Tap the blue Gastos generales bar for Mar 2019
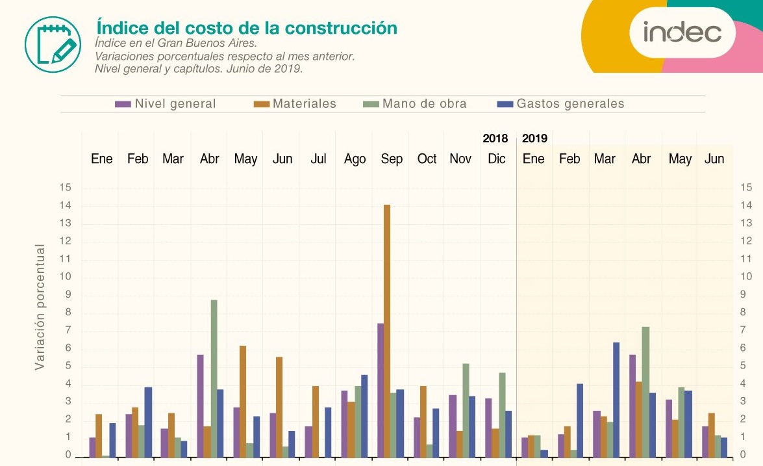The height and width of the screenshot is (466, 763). point(616,399)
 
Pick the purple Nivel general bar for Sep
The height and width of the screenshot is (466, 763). point(381,390)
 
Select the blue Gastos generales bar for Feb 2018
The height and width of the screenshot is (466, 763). point(148,422)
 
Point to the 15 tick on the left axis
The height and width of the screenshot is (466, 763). point(66,188)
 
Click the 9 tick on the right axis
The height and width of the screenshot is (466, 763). point(746,294)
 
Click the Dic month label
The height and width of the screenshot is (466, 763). point(496,159)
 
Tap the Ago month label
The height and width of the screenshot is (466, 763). point(355,159)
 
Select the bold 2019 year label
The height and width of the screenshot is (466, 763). point(534,138)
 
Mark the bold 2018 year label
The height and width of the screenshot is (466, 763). point(495,138)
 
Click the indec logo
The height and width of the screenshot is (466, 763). point(682,32)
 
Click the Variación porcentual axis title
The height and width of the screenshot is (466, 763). point(40,307)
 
